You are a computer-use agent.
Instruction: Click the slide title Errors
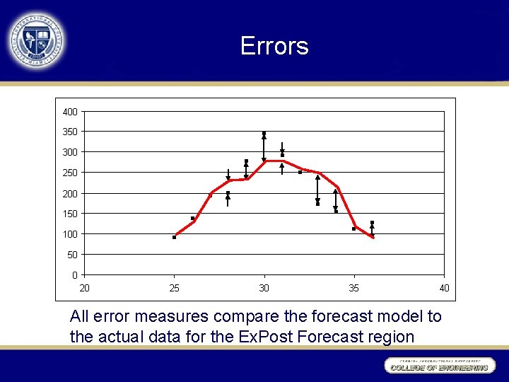(274, 46)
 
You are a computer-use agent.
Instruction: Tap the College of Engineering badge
(439, 366)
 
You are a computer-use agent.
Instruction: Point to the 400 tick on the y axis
(69, 112)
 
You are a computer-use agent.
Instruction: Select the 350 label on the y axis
(69, 132)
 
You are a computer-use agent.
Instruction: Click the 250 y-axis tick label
(69, 173)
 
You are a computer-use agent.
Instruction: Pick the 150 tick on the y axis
(69, 214)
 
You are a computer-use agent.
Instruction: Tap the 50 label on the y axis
(72, 254)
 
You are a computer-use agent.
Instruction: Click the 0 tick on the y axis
(75, 274)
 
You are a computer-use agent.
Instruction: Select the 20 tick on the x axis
(84, 288)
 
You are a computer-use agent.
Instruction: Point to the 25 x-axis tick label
(174, 288)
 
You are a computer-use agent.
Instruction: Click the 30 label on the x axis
(264, 288)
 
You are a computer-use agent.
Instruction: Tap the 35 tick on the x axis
(353, 288)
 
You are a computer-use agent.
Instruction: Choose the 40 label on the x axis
(443, 288)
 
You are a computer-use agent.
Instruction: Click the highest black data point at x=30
(264, 133)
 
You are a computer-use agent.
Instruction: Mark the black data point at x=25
(174, 237)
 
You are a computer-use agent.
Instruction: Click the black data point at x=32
(300, 172)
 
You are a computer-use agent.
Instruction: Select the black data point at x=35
(353, 228)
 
